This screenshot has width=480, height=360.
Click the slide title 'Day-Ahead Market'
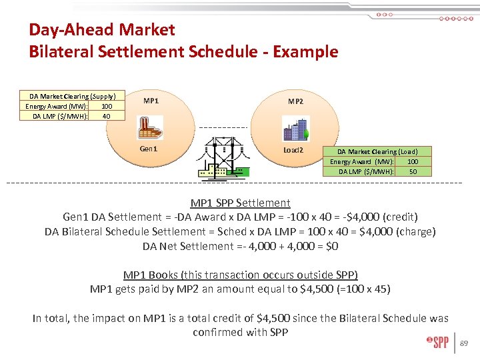pos(102,30)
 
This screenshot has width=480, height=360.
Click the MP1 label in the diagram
pos(151,101)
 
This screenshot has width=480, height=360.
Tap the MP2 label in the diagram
pos(295,101)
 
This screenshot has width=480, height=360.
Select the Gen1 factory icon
pos(150,127)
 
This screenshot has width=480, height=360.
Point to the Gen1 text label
pos(149,149)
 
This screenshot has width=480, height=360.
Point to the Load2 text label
pos(293,150)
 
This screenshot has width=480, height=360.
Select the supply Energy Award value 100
pos(107,106)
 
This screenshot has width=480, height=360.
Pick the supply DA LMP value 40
pos(107,116)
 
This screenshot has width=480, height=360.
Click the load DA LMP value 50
pos(413,171)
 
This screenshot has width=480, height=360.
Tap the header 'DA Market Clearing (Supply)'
pos(72,97)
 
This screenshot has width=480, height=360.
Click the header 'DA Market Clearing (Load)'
pos(377,152)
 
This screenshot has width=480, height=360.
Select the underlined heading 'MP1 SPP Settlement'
pos(240,203)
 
